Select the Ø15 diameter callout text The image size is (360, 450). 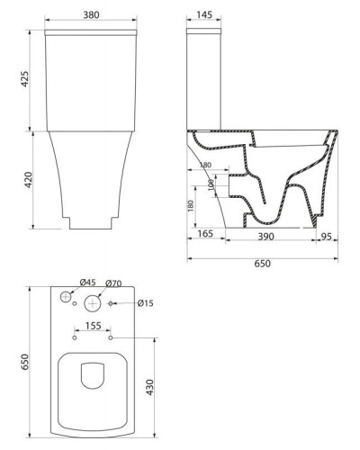[147, 303]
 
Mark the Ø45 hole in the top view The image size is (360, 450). [65, 297]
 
